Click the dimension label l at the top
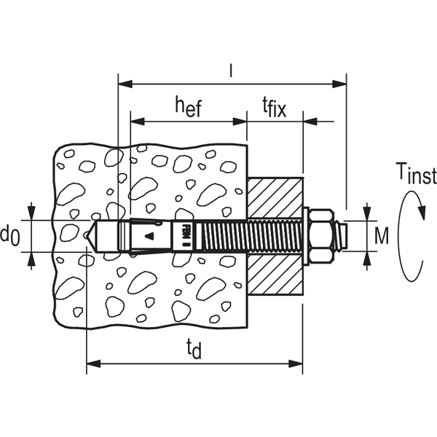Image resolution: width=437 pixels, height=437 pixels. pyautogui.click(x=231, y=71)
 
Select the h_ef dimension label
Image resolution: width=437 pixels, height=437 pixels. pyautogui.click(x=188, y=107)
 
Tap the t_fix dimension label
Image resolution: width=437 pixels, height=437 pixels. pyautogui.click(x=275, y=109)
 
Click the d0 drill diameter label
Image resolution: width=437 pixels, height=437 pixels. pyautogui.click(x=9, y=235)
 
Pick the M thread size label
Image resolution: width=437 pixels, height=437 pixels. pyautogui.click(x=382, y=235)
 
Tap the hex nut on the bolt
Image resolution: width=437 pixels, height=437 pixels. pyautogui.click(x=321, y=234)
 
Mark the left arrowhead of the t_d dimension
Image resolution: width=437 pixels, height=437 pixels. pyautogui.click(x=92, y=362)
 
